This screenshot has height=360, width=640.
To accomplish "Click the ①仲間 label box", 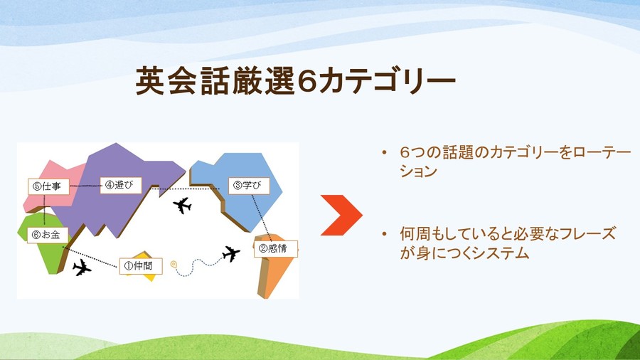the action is point(141,266).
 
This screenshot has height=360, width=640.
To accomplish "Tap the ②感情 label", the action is point(276,248).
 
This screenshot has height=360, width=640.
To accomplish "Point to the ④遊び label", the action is point(121,185).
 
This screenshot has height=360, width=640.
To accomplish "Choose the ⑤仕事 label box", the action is point(48,186).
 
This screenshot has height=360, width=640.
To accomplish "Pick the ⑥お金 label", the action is point(48,235).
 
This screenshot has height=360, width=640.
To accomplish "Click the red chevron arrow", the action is point(341,215).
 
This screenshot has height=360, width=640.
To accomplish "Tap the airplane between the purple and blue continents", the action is point(182,206).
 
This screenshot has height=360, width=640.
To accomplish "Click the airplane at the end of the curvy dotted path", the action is point(231,253).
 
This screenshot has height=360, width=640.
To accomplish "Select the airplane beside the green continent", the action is point(82,268).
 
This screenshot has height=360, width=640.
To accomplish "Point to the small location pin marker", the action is point(174,265).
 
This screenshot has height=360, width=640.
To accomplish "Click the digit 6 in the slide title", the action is point(306,80).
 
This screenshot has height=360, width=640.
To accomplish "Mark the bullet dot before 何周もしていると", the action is point(384,234).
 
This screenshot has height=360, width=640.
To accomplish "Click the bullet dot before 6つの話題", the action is point(384,153).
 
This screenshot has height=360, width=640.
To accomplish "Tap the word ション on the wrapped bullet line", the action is point(419,171).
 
